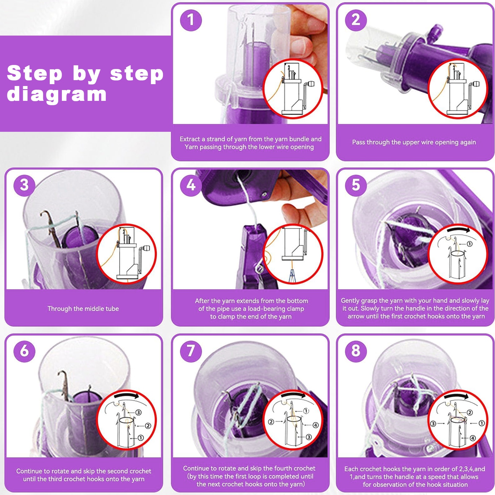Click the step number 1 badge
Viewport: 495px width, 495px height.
pyautogui.click(x=191, y=20)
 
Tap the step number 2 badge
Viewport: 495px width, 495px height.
pyautogui.click(x=356, y=20)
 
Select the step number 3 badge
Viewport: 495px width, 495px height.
pyautogui.click(x=24, y=185)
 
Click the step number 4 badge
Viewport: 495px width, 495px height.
pyautogui.click(x=191, y=185)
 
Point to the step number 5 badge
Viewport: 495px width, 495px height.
pyautogui.click(x=356, y=185)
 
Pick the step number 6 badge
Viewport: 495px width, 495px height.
pyautogui.click(x=24, y=351)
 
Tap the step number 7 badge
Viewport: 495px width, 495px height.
pyautogui.click(x=191, y=351)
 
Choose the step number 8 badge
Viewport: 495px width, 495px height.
pyautogui.click(x=356, y=351)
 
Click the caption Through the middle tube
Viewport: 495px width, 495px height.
pyautogui.click(x=83, y=308)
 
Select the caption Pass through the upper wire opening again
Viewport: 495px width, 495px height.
pyautogui.click(x=414, y=142)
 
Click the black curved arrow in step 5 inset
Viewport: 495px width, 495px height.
pyautogui.click(x=458, y=230)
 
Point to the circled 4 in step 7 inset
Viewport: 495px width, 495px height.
pyautogui.click(x=315, y=425)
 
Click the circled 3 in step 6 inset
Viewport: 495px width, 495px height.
pyautogui.click(x=138, y=412)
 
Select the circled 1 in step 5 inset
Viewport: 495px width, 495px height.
pyautogui.click(x=469, y=244)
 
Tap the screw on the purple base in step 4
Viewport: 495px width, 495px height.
pyautogui.click(x=265, y=195)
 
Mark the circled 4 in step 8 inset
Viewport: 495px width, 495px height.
pyautogui.click(x=472, y=438)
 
